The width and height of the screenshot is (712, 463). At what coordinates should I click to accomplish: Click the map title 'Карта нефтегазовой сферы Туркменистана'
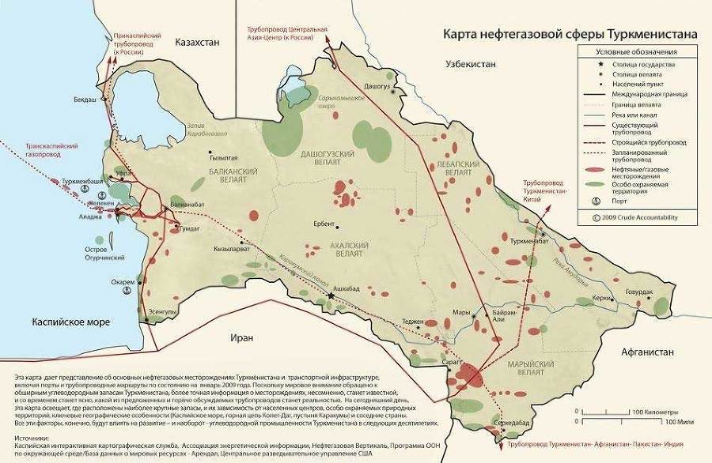(x=570, y=35)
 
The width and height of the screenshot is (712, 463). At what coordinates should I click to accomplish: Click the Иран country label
(x=243, y=337)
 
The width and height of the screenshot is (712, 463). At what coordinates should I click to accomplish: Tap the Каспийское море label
(x=71, y=322)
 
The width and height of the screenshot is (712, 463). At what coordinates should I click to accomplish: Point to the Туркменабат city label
(x=529, y=240)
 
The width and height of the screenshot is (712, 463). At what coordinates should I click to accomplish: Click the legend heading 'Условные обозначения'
(x=635, y=51)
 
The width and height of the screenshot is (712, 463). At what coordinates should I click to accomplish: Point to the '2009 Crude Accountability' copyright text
(x=639, y=216)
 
